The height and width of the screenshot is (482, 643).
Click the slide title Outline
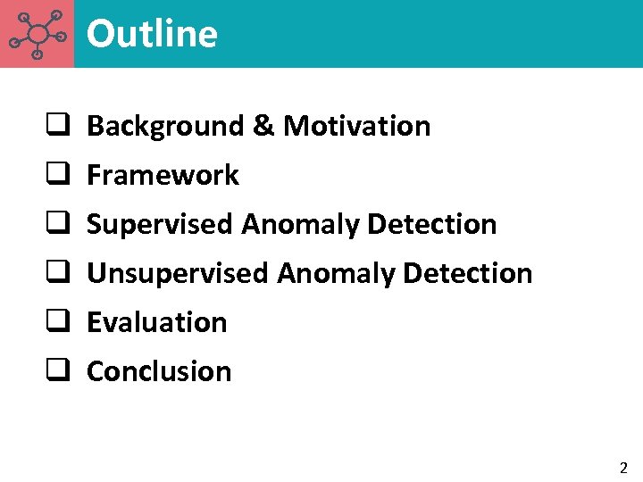click(x=152, y=34)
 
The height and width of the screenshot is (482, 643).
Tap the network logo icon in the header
click(x=37, y=34)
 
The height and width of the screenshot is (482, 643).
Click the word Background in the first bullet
click(x=164, y=127)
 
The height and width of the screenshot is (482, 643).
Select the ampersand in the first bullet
click(x=263, y=127)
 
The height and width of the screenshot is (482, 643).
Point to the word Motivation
click(x=356, y=127)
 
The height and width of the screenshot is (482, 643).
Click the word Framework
click(x=163, y=176)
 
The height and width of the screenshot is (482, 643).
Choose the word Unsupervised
click(x=178, y=273)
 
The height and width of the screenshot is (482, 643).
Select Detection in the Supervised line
click(x=431, y=224)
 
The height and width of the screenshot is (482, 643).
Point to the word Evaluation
click(x=157, y=322)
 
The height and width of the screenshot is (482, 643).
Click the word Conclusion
click(x=159, y=371)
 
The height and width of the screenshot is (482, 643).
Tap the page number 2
click(x=623, y=468)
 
